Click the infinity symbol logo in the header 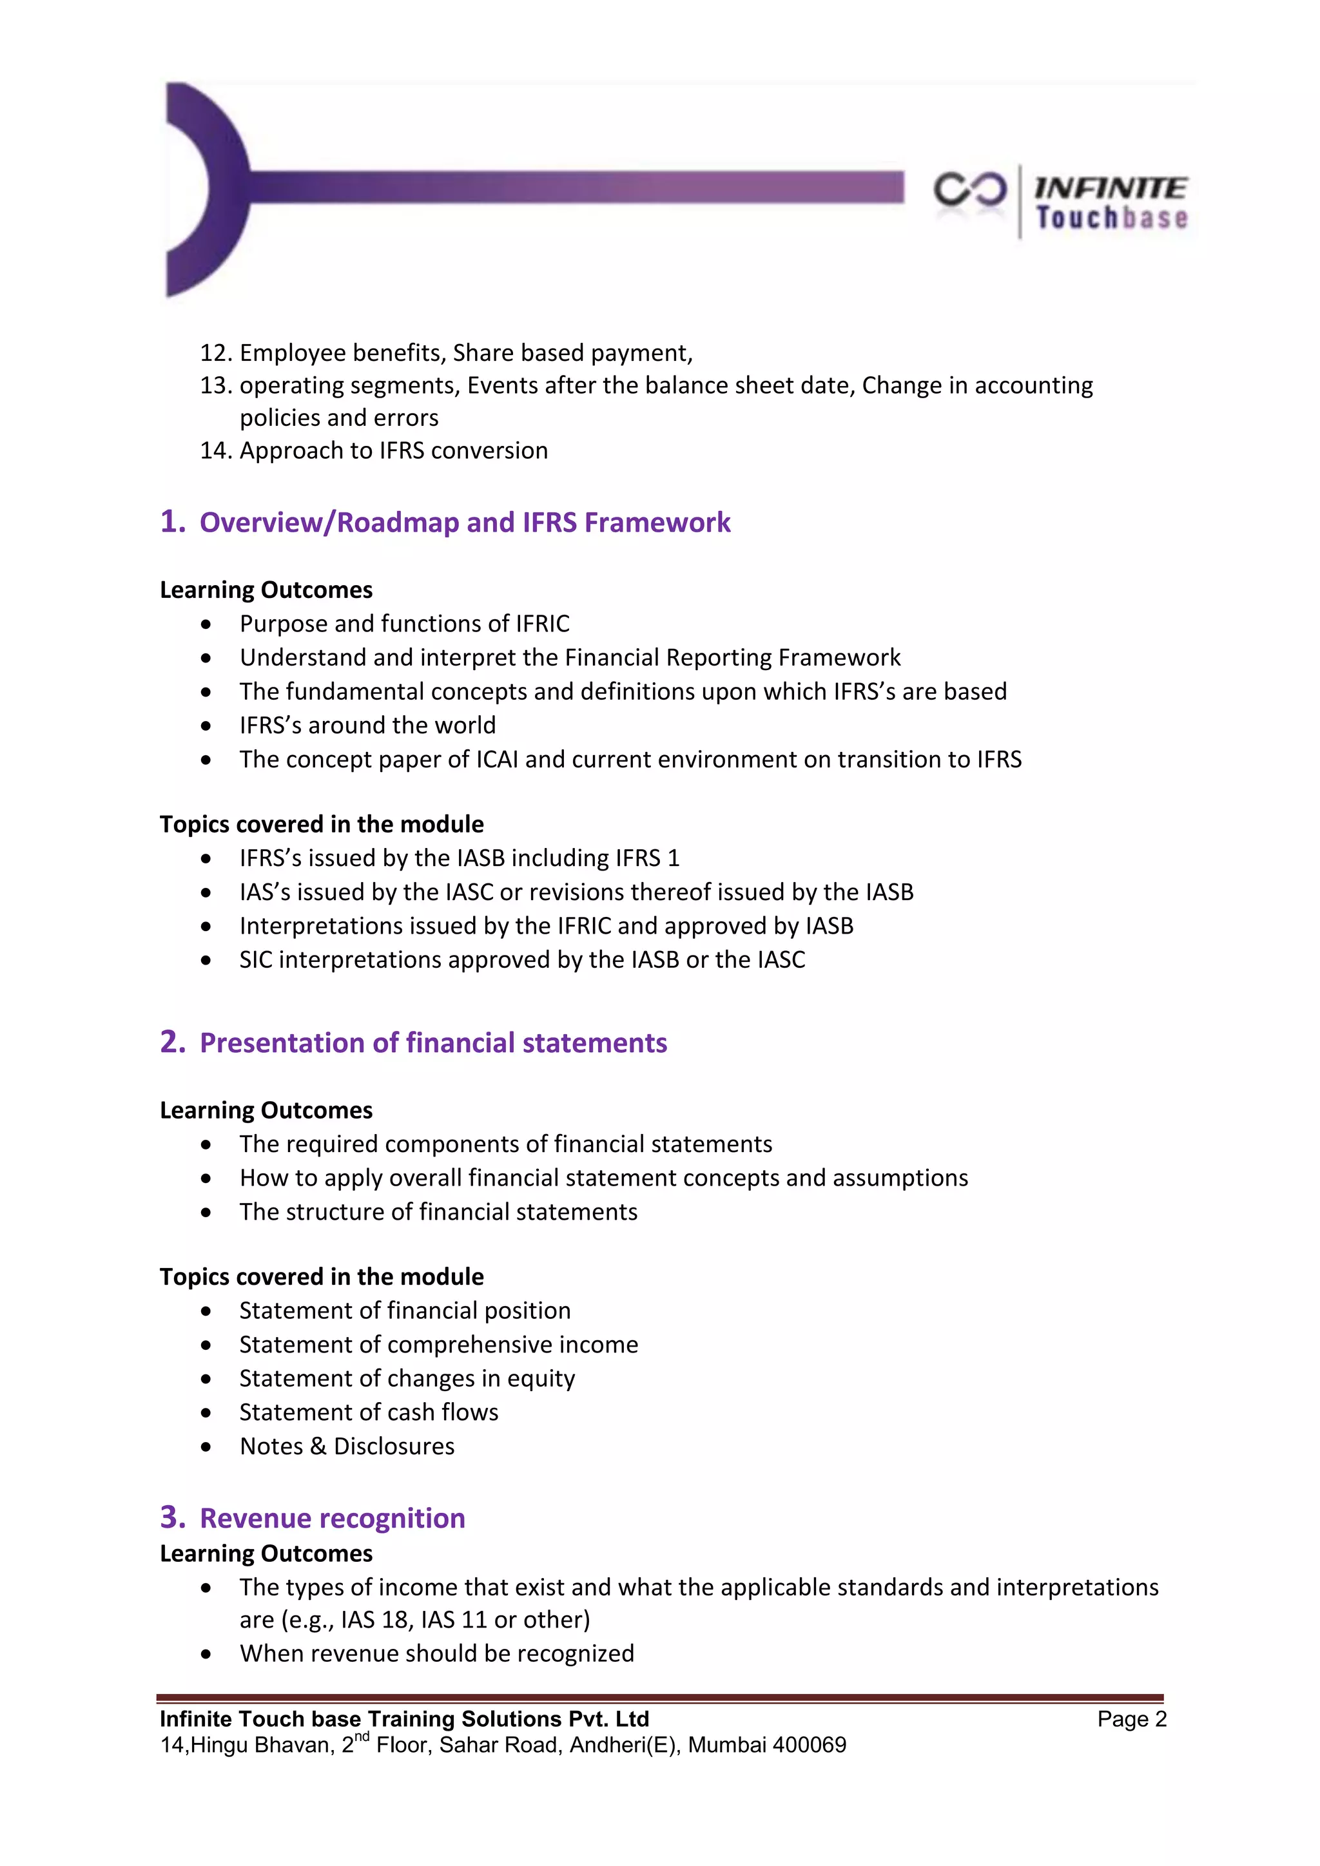click(x=969, y=190)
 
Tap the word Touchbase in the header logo click(x=1111, y=218)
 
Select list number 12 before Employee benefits click(x=216, y=352)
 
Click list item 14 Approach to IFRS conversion click(x=393, y=450)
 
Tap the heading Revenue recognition click(x=333, y=1518)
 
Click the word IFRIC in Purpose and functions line click(x=542, y=623)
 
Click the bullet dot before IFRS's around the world click(x=206, y=726)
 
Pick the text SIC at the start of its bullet click(x=255, y=960)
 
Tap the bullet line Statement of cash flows click(x=368, y=1412)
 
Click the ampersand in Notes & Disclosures click(x=318, y=1447)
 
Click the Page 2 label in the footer click(x=1131, y=1719)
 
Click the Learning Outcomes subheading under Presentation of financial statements click(x=266, y=1110)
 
